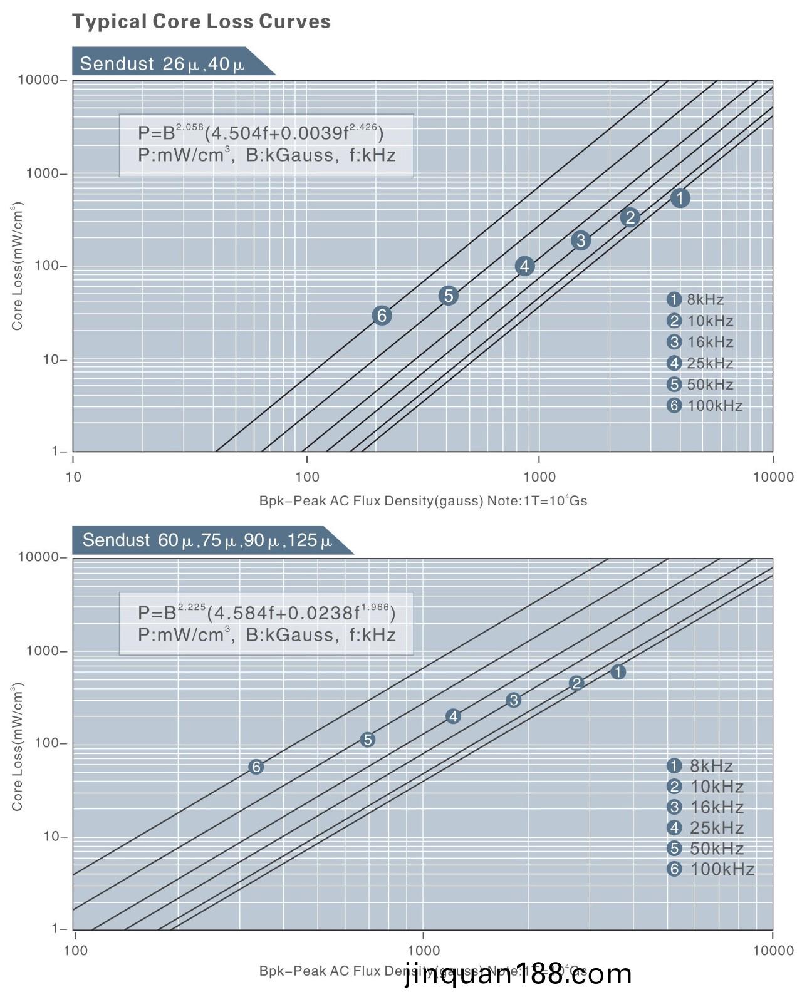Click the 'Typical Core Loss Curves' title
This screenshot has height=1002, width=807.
click(201, 22)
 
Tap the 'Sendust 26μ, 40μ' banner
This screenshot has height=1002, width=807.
click(162, 63)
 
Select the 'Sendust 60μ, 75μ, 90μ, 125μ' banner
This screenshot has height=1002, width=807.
click(207, 540)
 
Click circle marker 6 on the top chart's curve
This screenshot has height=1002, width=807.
click(382, 316)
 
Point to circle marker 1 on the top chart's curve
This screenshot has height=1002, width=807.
click(680, 198)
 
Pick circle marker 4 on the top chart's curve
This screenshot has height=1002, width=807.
click(524, 266)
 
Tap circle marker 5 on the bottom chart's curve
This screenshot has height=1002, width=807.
click(368, 740)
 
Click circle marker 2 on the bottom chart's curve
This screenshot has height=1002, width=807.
click(576, 683)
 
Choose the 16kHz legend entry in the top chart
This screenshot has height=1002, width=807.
click(700, 342)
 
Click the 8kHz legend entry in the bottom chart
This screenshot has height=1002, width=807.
click(700, 766)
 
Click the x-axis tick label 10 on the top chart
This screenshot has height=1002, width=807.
click(73, 477)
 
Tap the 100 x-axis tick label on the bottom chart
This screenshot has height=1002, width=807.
click(76, 951)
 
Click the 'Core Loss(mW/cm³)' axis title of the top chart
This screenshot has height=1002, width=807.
click(17, 266)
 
